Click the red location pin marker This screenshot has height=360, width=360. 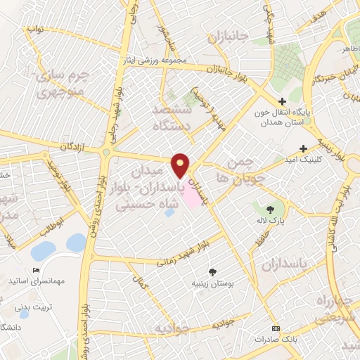coord(181,165)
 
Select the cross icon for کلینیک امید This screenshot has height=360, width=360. coord(303,148)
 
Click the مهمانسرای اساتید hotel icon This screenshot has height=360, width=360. coord(37,271)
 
